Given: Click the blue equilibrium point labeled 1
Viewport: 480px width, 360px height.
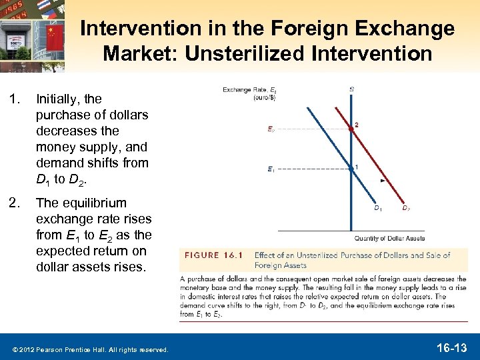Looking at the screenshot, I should click(x=351, y=169).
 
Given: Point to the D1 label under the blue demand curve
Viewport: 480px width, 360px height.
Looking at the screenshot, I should click(x=377, y=209).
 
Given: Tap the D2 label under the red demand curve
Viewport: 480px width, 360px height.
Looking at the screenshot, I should click(x=405, y=209).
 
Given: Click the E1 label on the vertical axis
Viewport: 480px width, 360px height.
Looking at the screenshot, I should click(x=271, y=169).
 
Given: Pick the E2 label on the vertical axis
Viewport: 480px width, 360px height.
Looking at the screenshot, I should click(x=271, y=129).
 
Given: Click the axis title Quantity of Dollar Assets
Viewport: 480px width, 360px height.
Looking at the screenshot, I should click(x=389, y=238).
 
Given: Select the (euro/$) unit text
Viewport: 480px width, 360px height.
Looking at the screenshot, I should click(x=264, y=97).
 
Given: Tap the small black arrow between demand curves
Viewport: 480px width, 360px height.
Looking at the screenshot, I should click(x=382, y=180).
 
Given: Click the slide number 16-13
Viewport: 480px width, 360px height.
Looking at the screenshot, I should click(x=450, y=347).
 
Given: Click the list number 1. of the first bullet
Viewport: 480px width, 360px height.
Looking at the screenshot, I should click(x=16, y=99).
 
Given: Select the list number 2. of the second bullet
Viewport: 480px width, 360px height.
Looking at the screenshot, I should click(x=16, y=203).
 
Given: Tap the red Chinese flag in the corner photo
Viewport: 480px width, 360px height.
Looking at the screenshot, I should click(x=55, y=34).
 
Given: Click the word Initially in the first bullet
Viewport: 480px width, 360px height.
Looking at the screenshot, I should click(x=59, y=99).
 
